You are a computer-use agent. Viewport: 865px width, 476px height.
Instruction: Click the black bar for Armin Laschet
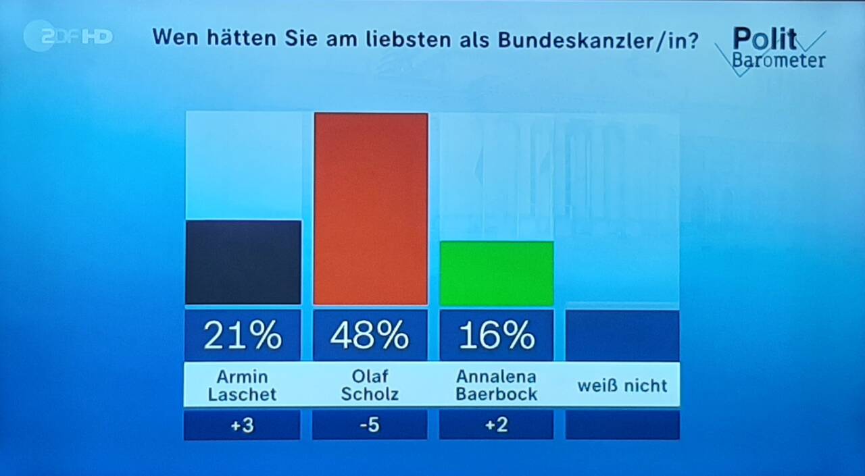click(243, 262)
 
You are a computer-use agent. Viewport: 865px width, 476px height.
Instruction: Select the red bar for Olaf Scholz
click(371, 209)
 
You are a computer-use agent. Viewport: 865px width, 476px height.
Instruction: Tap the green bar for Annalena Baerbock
click(497, 273)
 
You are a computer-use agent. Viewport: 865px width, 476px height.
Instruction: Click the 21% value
click(243, 335)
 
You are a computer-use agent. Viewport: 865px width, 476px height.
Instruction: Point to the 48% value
click(370, 335)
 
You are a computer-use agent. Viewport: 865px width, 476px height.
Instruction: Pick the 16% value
click(497, 335)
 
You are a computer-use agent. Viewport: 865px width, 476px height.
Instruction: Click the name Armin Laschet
click(243, 386)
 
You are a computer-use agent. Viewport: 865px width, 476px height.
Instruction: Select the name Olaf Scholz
click(370, 386)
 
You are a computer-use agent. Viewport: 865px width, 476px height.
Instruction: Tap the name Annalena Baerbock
click(497, 386)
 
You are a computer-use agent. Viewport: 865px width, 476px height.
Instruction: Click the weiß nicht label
click(622, 386)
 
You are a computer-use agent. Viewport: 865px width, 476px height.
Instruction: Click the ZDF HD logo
click(68, 36)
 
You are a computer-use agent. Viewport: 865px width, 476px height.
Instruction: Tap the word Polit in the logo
click(764, 38)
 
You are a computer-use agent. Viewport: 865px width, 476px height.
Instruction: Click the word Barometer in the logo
click(778, 61)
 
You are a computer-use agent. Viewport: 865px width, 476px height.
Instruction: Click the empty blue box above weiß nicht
click(622, 335)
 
